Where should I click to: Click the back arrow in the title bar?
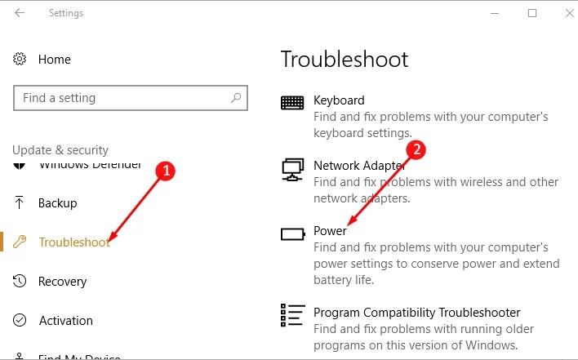[x=20, y=13]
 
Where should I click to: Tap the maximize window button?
[x=532, y=13]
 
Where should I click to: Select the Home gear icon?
[x=20, y=60]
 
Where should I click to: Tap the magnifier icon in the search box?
[x=236, y=98]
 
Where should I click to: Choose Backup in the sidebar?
[x=57, y=203]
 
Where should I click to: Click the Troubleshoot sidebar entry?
[x=73, y=242]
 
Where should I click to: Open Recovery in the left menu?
[x=62, y=282]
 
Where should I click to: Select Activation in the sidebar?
[x=65, y=321]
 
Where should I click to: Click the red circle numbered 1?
[x=167, y=171]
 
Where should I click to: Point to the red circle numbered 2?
[x=417, y=149]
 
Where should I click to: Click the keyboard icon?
[x=292, y=102]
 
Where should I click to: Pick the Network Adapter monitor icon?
[x=292, y=169]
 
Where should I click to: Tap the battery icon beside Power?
[x=292, y=234]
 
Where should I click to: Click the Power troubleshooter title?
[x=331, y=231]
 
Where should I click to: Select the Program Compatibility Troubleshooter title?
[x=416, y=313]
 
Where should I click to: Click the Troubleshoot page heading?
[x=344, y=60]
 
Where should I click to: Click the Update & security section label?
[x=60, y=150]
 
